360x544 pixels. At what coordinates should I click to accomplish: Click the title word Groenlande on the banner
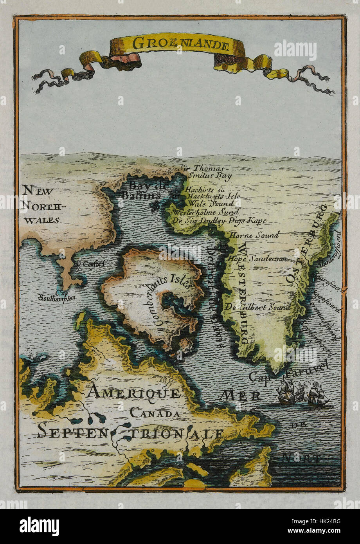pos(180,45)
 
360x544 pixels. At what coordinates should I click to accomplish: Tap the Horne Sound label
pos(254,235)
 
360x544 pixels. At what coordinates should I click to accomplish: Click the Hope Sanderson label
pos(257,259)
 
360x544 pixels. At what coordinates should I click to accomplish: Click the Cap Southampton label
pos(57,295)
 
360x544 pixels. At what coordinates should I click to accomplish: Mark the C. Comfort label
pos(91,263)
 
